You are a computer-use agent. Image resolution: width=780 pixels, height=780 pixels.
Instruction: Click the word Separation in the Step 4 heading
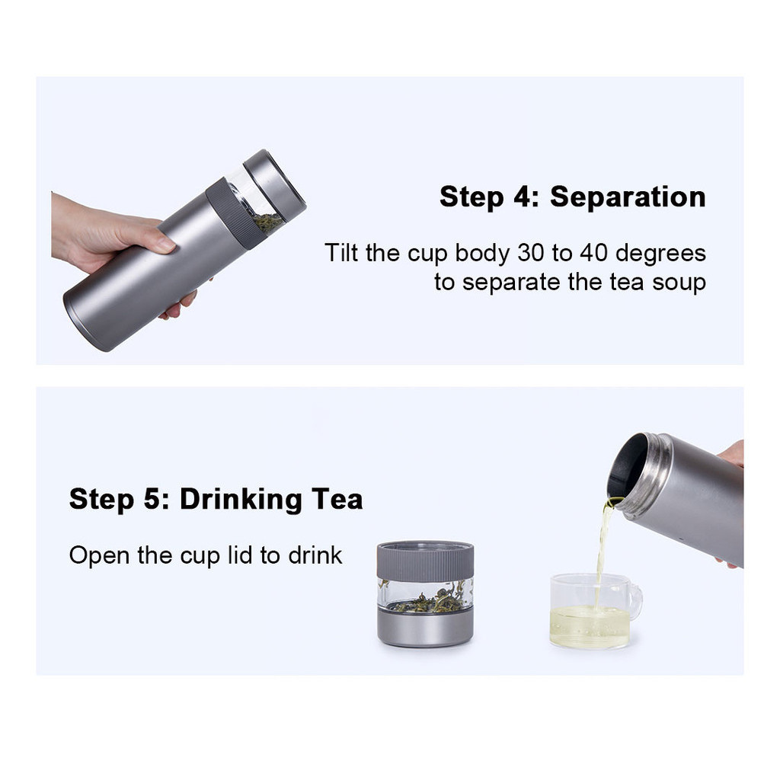click(628, 197)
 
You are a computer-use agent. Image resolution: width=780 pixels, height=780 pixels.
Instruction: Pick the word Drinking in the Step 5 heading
click(241, 500)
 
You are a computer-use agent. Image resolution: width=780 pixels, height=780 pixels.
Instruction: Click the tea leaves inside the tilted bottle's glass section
click(269, 223)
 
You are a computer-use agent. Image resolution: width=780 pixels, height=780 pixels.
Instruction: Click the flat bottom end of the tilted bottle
click(85, 323)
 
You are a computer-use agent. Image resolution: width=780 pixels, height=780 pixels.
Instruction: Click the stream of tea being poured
click(603, 547)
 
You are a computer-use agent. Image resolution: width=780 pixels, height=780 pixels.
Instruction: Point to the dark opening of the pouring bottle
click(626, 465)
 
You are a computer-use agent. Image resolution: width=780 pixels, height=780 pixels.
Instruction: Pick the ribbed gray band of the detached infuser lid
click(425, 562)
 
